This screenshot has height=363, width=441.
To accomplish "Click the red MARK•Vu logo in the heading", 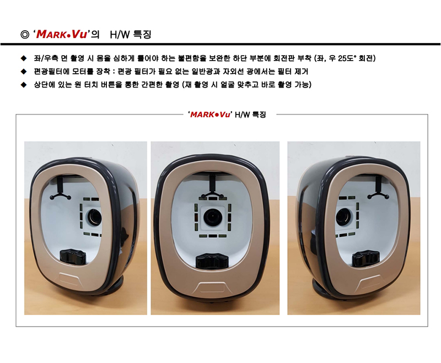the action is coord(62,34).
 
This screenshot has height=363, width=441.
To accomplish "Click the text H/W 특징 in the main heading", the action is coord(131,35).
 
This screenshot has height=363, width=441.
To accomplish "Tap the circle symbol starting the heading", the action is coord(25,35).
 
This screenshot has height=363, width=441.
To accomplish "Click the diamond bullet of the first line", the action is coord(24,58).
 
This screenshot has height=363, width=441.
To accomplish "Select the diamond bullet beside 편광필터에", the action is coord(24,72).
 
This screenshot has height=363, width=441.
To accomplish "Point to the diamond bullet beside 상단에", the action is coord(24,85).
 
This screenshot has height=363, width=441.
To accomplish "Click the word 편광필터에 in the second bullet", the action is coord(51,72).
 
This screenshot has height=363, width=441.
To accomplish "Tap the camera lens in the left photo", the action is coord(94,217).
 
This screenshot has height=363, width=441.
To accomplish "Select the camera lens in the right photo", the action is coord(343,217).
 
